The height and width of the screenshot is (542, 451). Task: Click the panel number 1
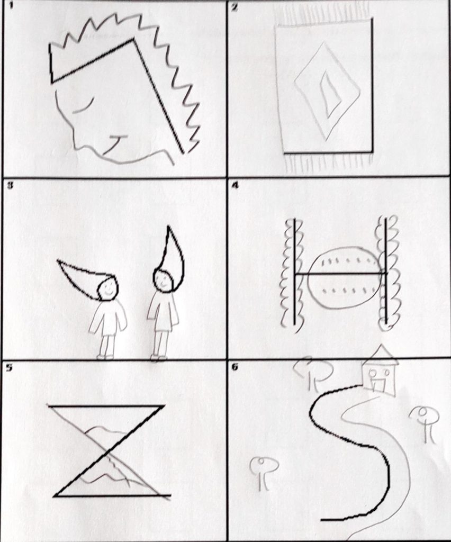11,6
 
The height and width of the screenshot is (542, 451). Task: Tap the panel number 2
234,7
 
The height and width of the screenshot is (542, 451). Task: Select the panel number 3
11,185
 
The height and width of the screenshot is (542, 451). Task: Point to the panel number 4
234,185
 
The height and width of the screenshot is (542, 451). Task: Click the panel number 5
10,367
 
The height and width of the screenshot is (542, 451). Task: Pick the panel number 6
234,367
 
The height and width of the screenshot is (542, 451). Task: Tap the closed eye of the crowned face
84,105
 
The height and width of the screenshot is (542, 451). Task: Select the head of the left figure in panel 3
107,288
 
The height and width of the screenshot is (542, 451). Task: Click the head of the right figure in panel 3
163,281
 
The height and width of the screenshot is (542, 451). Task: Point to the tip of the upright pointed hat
169,227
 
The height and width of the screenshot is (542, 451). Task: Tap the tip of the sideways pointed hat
58,261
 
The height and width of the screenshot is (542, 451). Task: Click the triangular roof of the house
379,355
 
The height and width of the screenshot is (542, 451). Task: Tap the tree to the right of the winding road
424,422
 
